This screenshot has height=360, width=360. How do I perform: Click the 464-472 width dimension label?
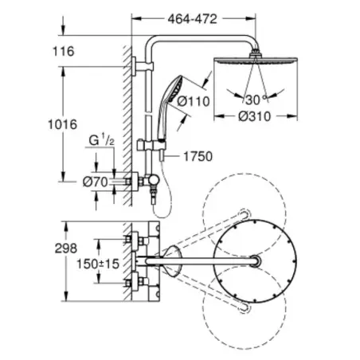point(193,19)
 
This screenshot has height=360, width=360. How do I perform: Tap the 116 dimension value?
point(64,51)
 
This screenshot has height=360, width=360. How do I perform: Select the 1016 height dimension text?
point(63,124)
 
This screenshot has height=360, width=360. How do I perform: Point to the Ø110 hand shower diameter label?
point(194,101)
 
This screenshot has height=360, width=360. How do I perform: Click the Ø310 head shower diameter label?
point(254,116)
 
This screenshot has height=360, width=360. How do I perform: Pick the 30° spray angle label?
point(256,100)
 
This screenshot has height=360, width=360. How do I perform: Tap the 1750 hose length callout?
point(198,156)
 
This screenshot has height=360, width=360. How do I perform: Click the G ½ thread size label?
point(102,140)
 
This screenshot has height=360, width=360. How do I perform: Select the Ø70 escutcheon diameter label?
point(96,182)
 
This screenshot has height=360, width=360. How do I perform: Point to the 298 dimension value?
point(66,248)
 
